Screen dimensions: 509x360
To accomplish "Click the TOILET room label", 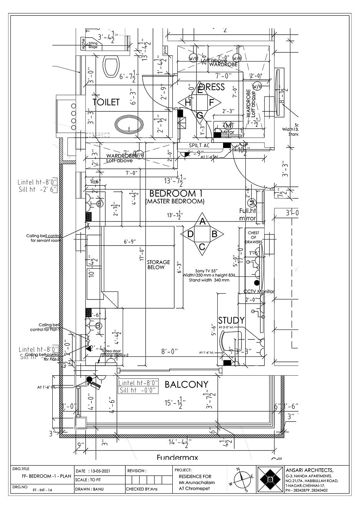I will pyautogui.click(x=106, y=102).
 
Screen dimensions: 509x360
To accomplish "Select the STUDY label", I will pyautogui.click(x=231, y=320).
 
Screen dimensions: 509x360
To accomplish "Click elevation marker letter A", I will pyautogui.click(x=203, y=222).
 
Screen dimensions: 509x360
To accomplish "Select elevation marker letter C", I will pyautogui.click(x=202, y=247).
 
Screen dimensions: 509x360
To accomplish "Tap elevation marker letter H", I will pyautogui.click(x=188, y=103).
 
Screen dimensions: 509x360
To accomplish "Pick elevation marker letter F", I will pyautogui.click(x=212, y=103).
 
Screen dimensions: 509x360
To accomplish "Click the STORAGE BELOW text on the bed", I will pyautogui.click(x=158, y=264).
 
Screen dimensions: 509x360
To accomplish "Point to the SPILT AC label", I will pyautogui.click(x=199, y=146).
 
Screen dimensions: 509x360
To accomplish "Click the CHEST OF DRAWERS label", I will pyautogui.click(x=253, y=237).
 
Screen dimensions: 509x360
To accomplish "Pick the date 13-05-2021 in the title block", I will pyautogui.click(x=100, y=471).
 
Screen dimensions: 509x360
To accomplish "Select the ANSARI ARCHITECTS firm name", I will pyautogui.click(x=310, y=470).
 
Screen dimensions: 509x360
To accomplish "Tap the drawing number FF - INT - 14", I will pyautogui.click(x=43, y=490).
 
